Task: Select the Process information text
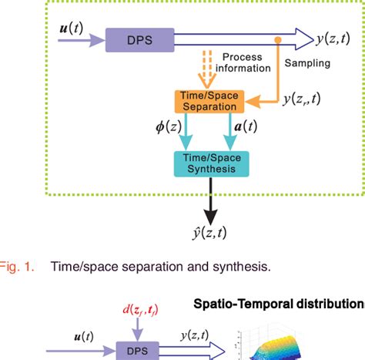click(246, 62)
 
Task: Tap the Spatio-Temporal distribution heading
click(279, 303)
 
